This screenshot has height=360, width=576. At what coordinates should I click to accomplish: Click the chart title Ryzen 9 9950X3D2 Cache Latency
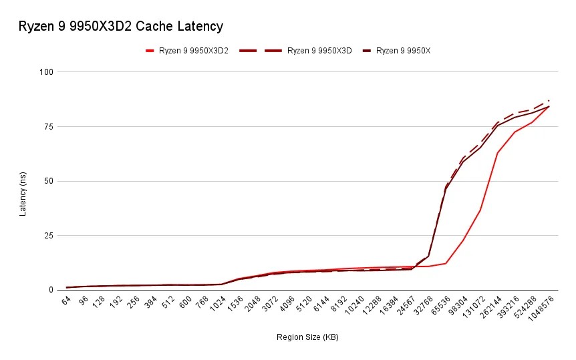coord(120,27)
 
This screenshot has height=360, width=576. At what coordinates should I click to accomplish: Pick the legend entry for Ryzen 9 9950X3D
coord(319,50)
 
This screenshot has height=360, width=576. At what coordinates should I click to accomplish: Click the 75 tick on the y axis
coord(47,126)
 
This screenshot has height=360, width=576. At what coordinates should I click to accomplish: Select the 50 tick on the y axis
coord(47,181)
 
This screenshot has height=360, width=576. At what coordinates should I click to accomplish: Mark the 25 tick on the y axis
coord(47,235)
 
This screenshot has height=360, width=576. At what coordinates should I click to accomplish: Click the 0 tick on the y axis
coord(49,290)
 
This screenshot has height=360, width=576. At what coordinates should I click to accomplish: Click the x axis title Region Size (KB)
coord(307,337)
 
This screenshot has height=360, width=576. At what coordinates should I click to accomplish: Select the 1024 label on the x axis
coord(217,305)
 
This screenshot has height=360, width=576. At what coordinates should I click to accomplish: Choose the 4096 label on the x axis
coord(286,305)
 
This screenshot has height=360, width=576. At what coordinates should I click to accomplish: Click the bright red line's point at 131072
coord(480,210)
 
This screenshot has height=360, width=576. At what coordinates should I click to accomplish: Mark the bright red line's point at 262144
coord(498,152)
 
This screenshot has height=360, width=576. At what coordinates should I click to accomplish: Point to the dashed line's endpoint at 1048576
coord(549,100)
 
